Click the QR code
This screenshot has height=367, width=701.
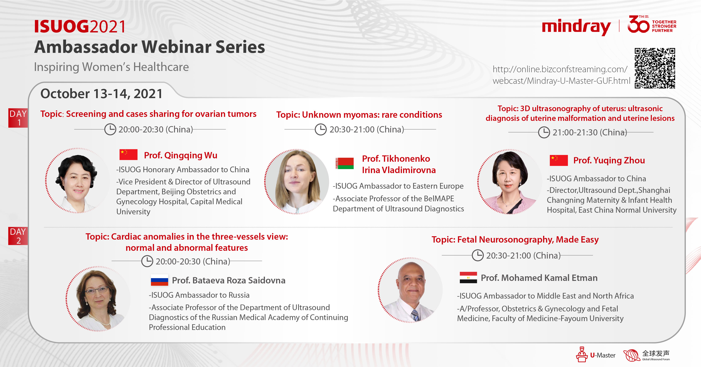pyautogui.click(x=655, y=68)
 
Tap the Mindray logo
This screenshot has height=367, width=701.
pyautogui.click(x=576, y=27)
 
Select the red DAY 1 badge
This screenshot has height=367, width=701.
pyautogui.click(x=18, y=118)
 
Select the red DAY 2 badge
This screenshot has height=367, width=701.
pyautogui.click(x=18, y=236)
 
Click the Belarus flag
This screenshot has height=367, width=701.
pyautogui.click(x=345, y=163)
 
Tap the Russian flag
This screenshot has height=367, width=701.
pyautogui.click(x=159, y=280)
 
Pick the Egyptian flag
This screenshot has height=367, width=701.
pyautogui.click(x=468, y=278)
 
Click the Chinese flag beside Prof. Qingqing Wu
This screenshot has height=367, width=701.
pyautogui.click(x=128, y=155)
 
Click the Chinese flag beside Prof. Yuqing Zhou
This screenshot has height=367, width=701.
pyautogui.click(x=559, y=160)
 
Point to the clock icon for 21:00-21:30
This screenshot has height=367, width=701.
pyautogui.click(x=544, y=132)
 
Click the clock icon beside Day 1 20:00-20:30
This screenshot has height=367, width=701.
pyautogui.click(x=110, y=129)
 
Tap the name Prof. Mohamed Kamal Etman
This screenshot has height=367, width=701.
pyautogui.click(x=539, y=278)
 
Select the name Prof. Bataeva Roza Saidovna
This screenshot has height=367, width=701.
pyautogui.click(x=229, y=280)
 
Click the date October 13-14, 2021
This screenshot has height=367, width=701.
pyautogui.click(x=102, y=94)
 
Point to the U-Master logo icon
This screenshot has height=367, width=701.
pyautogui.click(x=582, y=354)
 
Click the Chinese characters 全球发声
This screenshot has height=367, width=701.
pyautogui.click(x=656, y=353)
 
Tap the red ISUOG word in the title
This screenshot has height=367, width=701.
pyautogui.click(x=62, y=27)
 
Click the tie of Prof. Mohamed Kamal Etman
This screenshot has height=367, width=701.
pyautogui.click(x=415, y=315)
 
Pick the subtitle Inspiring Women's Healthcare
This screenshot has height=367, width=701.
pyautogui.click(x=111, y=67)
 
